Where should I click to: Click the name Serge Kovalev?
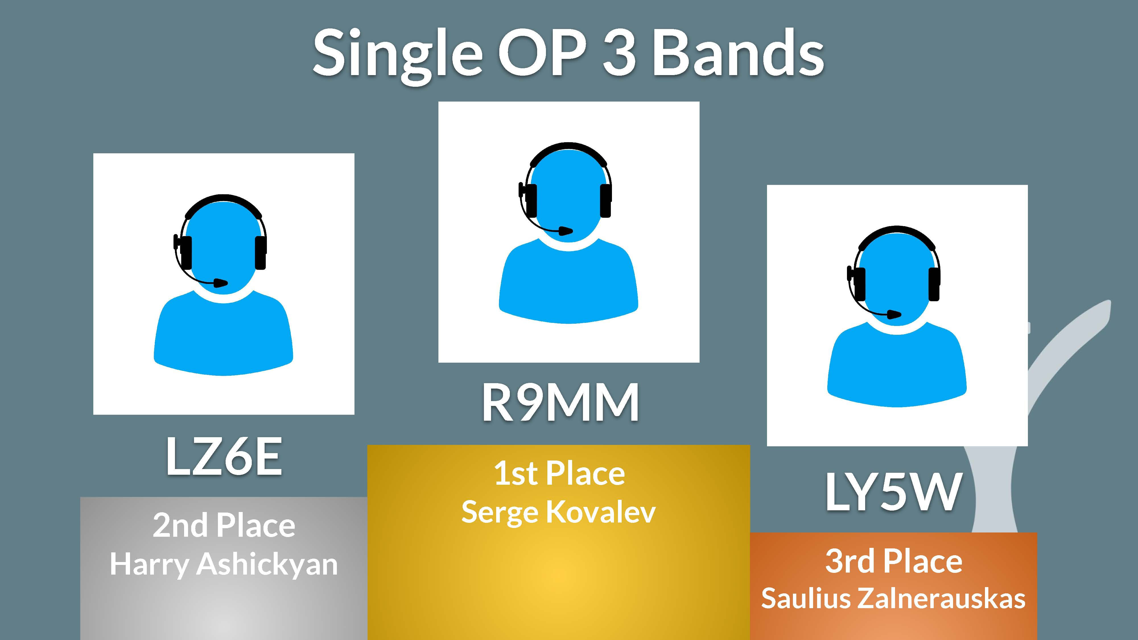coord(558,512)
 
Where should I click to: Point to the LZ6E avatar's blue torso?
coord(224,333)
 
